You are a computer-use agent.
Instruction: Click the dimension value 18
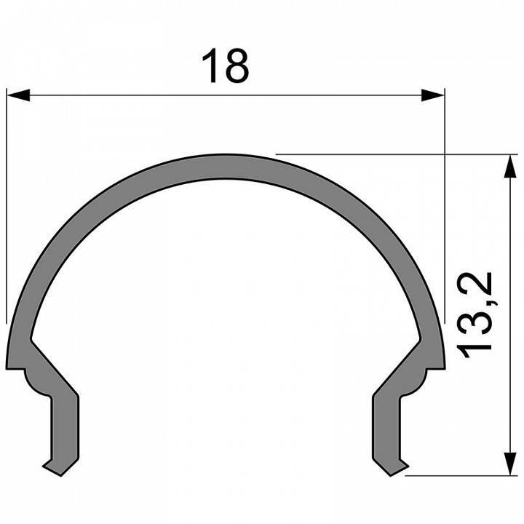pos(226,65)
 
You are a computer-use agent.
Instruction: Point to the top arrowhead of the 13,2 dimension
pos(504,164)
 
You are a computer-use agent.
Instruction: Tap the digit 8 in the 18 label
pos(237,65)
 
